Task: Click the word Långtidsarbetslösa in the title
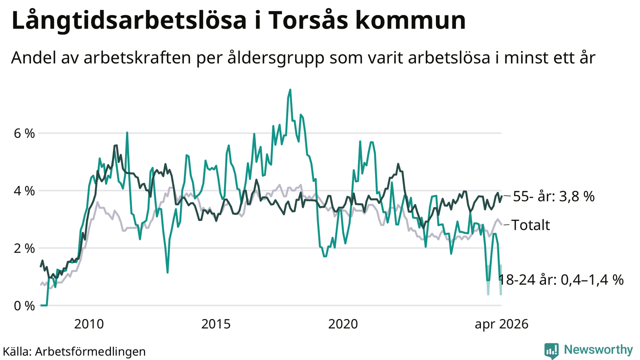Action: [x=129, y=20]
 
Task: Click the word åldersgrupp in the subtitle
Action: [x=276, y=58]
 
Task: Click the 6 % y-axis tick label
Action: [x=24, y=133]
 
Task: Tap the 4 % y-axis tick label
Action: [x=24, y=191]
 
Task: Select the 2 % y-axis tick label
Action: [x=24, y=248]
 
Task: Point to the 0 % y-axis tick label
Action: [x=24, y=306]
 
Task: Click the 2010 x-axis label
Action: [x=89, y=324]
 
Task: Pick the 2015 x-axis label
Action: [x=216, y=324]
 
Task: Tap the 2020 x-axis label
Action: [x=343, y=324]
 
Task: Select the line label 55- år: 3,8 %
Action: [x=553, y=196]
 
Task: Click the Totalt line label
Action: [x=530, y=225]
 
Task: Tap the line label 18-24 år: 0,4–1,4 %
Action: [x=561, y=280]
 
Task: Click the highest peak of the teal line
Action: [x=290, y=89]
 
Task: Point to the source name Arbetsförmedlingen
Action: [x=90, y=351]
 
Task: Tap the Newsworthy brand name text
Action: [x=598, y=349]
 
